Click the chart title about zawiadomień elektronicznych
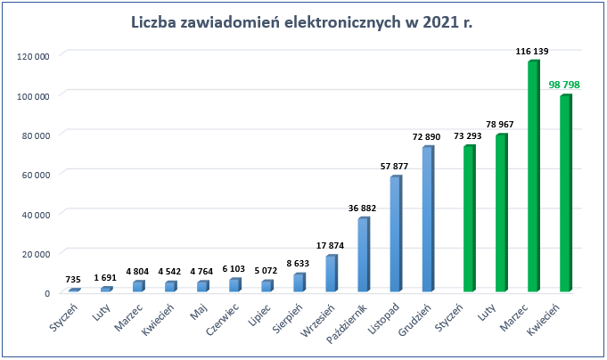click(x=301, y=22)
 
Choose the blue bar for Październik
click(x=363, y=255)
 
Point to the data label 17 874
click(x=332, y=246)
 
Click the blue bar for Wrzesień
click(x=331, y=274)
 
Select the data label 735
click(x=75, y=280)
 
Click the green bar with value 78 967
click(x=501, y=214)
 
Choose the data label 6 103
click(x=235, y=269)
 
